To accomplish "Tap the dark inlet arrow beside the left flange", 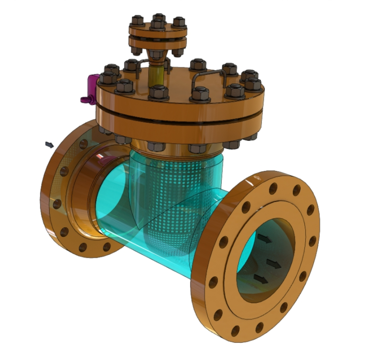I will pyautogui.click(x=49, y=144).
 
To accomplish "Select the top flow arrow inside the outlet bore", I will pyautogui.click(x=264, y=238).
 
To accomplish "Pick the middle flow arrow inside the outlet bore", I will pyautogui.click(x=273, y=263).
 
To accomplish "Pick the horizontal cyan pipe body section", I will pyautogui.click(x=143, y=239).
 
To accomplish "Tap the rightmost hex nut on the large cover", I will pyautogui.click(x=253, y=85).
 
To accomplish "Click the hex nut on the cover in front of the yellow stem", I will pyautogui.click(x=158, y=92).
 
